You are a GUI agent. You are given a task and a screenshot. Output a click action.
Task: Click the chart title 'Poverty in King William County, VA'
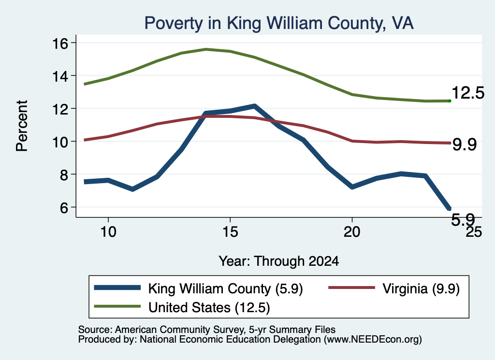point(279,24)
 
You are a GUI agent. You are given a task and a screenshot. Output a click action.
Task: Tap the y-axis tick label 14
point(60,76)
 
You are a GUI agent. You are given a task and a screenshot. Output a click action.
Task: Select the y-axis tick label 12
point(60,109)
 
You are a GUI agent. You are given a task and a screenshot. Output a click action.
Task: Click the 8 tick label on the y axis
point(64,174)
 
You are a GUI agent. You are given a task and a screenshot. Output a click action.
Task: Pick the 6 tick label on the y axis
point(64,207)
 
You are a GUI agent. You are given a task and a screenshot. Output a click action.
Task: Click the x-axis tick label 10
point(108,231)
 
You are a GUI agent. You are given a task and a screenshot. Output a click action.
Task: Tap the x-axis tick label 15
point(230,231)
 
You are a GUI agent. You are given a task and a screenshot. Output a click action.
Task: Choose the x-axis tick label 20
point(352,231)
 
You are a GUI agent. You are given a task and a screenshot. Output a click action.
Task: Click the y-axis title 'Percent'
point(22,126)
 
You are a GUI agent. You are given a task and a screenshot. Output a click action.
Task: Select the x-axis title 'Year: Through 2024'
point(279,261)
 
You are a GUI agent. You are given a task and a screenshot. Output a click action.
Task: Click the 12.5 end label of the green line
point(468,93)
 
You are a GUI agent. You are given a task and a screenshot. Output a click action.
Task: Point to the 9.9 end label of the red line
point(465,144)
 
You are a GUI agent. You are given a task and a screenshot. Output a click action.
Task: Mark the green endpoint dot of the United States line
point(450,101)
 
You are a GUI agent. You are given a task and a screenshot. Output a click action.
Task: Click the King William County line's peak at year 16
point(254,106)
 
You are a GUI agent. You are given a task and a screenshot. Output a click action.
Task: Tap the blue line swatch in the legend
point(117,288)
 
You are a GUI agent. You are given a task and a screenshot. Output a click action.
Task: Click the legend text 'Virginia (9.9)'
point(421,288)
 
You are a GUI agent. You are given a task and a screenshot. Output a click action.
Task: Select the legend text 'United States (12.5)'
point(209,308)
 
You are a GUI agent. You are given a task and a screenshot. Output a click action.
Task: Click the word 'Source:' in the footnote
point(95,330)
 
